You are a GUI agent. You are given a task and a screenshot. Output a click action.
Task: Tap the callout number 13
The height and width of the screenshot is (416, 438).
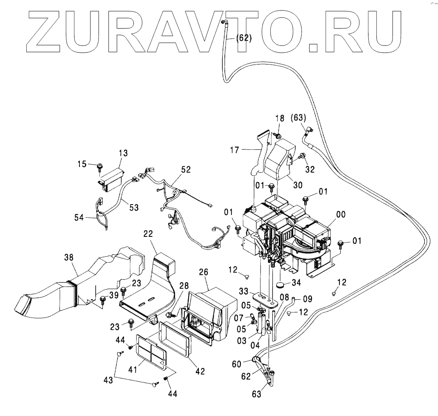pos(123,153)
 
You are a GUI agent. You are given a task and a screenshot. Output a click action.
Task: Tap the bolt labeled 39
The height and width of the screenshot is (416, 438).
pos(103,301)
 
